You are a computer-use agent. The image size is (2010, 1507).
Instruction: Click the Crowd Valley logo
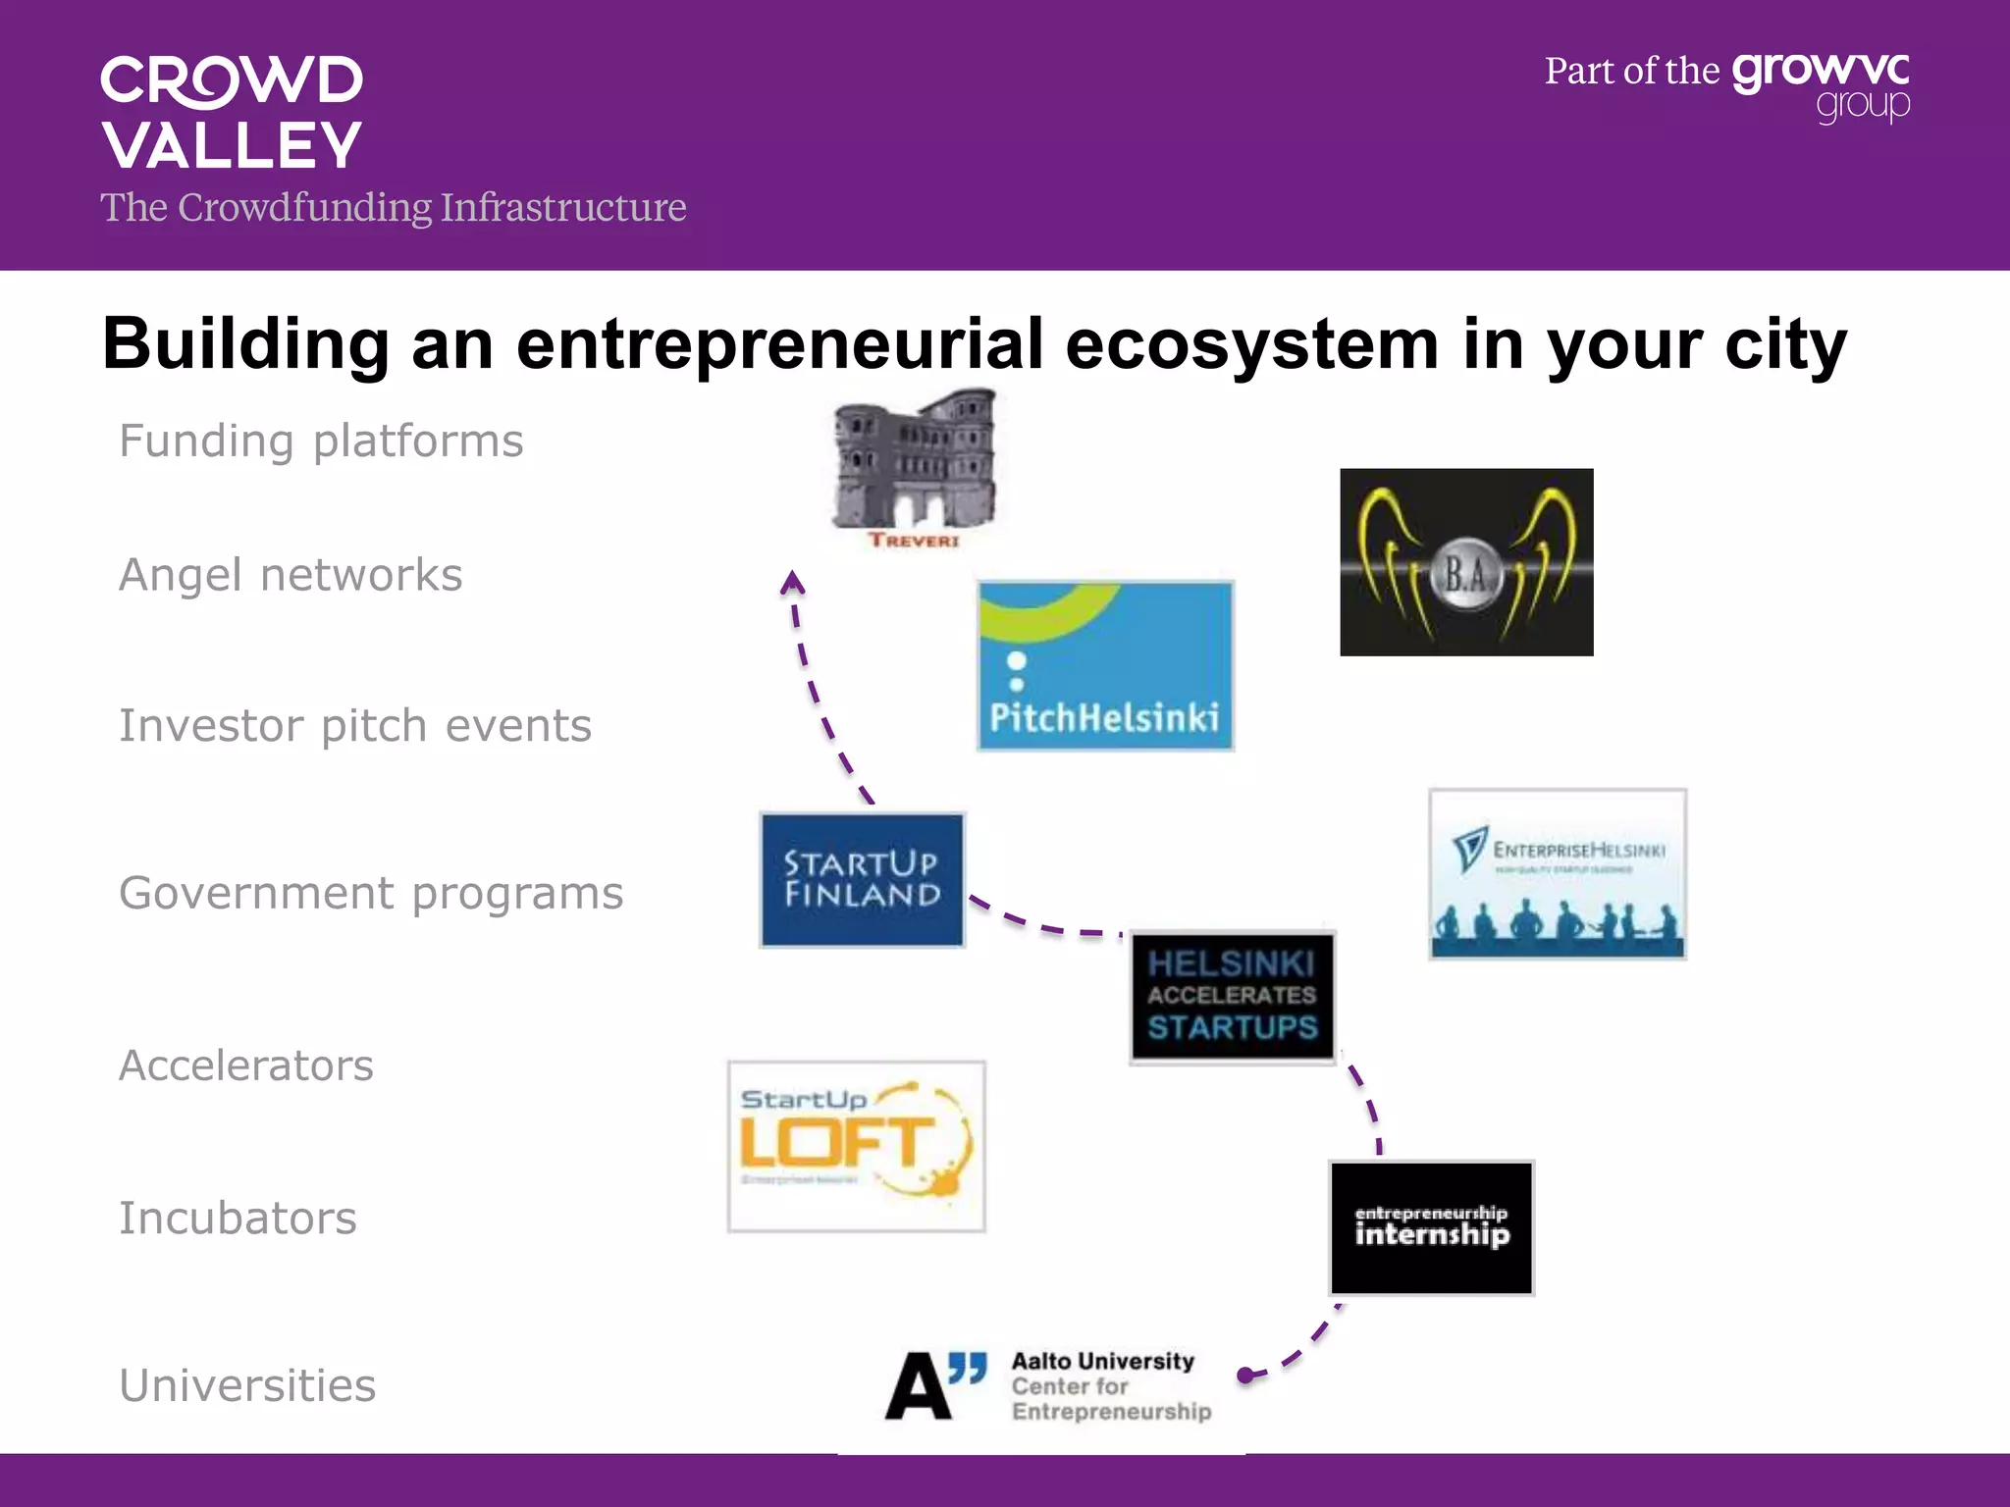(232, 113)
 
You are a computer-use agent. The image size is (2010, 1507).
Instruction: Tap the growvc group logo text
(1821, 86)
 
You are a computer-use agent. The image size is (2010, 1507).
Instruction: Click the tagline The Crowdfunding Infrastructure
(393, 208)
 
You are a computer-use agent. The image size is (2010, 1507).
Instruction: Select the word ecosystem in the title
(1251, 344)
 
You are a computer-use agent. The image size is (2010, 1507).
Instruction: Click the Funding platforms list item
(321, 441)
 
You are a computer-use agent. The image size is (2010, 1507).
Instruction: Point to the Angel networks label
(291, 575)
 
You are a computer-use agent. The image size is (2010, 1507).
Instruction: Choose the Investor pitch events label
(355, 726)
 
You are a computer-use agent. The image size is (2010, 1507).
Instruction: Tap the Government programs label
(371, 893)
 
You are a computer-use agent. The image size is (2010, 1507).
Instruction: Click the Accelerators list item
(246, 1065)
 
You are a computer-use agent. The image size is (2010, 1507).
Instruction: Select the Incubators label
(238, 1219)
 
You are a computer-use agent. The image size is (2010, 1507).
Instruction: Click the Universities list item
(247, 1385)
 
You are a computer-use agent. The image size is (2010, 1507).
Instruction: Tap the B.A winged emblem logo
(1466, 562)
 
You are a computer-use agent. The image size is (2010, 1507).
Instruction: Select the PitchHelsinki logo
(1105, 666)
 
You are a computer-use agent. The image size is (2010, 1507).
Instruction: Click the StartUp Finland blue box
(862, 879)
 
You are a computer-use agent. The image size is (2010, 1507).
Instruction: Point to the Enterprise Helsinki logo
(1558, 873)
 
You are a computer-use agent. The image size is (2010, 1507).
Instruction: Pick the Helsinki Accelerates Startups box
(1232, 997)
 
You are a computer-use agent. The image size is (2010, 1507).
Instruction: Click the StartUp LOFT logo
(856, 1146)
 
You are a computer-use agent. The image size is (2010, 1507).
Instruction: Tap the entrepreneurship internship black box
(1431, 1227)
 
